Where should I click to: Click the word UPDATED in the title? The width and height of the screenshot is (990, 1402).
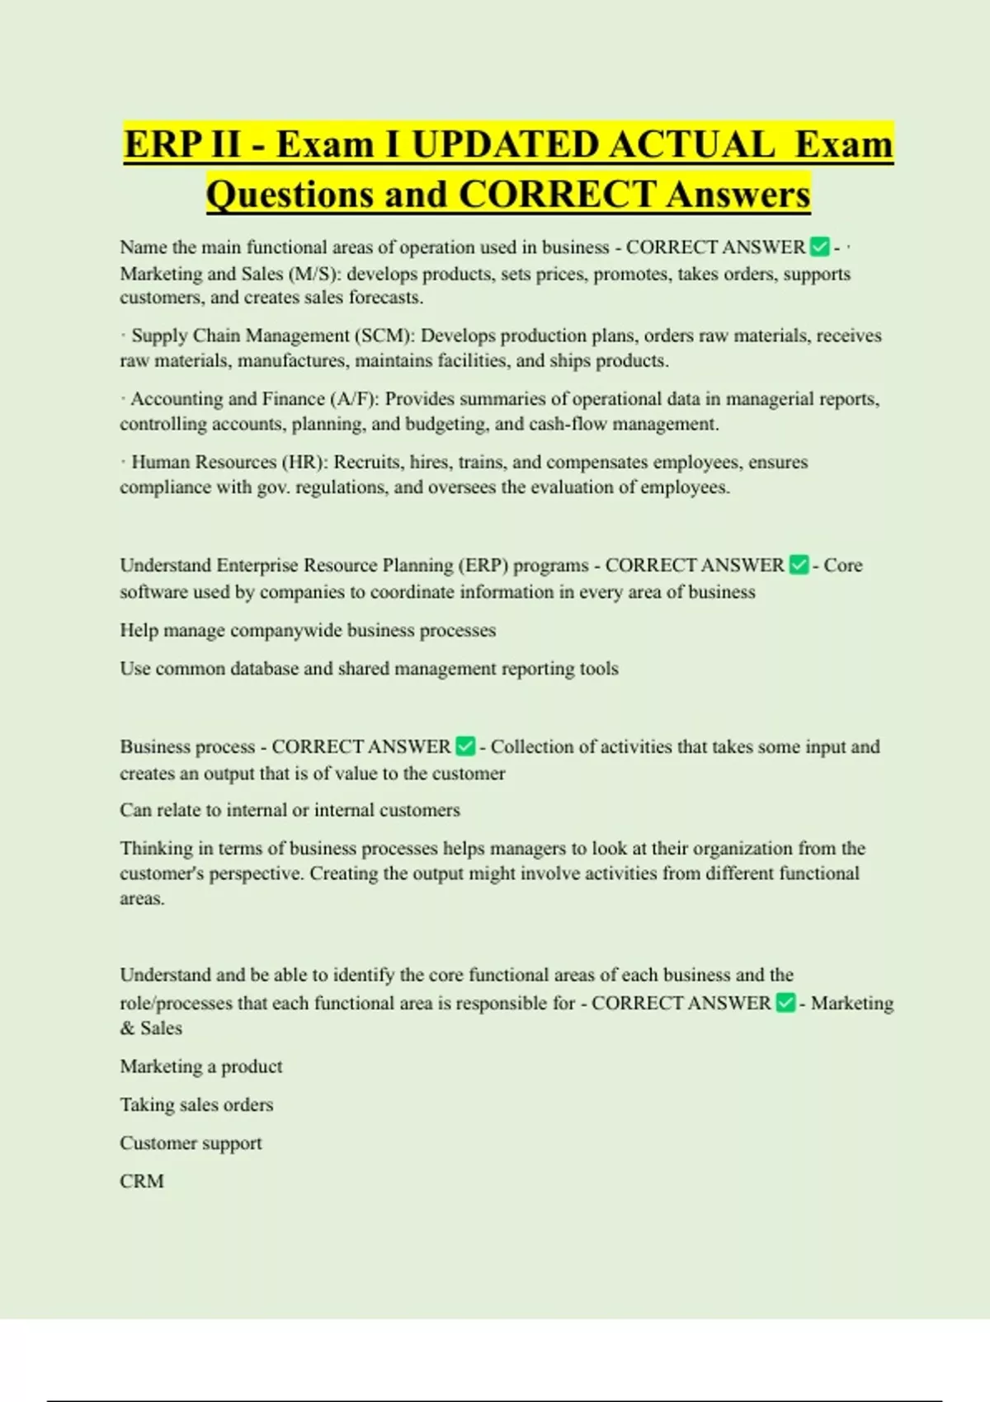[x=505, y=145]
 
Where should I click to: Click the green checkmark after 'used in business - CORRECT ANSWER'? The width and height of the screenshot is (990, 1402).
[x=819, y=247]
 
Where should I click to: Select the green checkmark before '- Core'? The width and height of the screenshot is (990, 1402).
[x=798, y=565]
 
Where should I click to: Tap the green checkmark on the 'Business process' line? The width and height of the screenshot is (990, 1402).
[x=465, y=746]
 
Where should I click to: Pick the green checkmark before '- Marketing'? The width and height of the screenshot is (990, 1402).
[x=785, y=1003]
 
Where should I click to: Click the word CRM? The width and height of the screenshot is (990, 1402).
[x=141, y=1181]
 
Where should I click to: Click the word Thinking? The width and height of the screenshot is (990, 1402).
[x=156, y=849]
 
